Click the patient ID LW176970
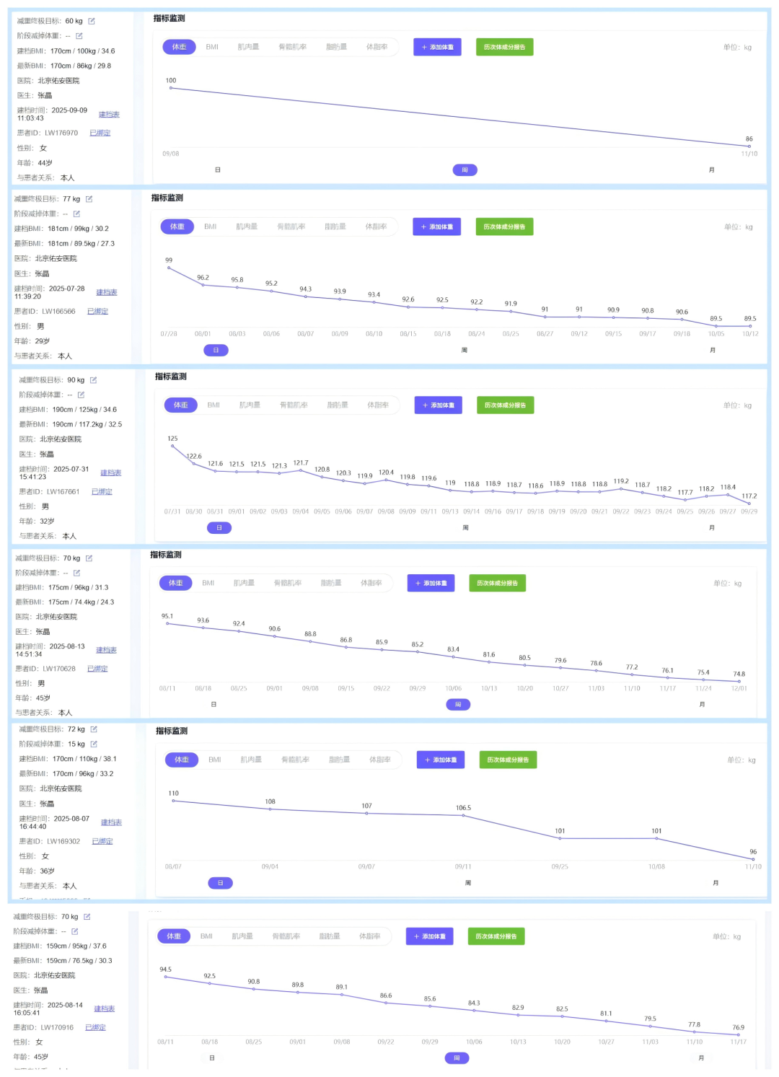point(61,133)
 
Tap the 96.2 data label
point(203,277)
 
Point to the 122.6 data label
point(194,456)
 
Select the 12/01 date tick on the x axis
point(739,688)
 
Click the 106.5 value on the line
point(463,808)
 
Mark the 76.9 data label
point(738,1027)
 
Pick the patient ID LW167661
point(63,491)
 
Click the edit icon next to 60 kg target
point(92,21)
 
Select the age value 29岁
point(43,341)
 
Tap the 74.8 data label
point(739,674)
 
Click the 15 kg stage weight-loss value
point(76,744)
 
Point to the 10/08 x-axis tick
point(656,866)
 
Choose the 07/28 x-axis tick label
point(169,334)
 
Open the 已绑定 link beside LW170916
point(95,1027)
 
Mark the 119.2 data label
point(621,481)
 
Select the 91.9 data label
point(511,304)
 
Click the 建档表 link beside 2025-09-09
point(109,115)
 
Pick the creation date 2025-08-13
point(67,646)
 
